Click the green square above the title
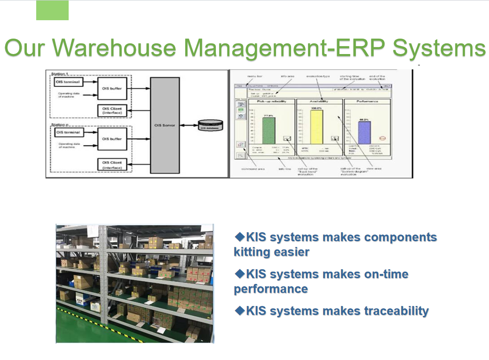(52, 10)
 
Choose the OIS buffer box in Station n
(112, 139)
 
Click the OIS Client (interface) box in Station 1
(112, 110)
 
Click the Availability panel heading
(319, 101)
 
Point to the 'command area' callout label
(253, 169)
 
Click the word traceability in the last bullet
(396, 311)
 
